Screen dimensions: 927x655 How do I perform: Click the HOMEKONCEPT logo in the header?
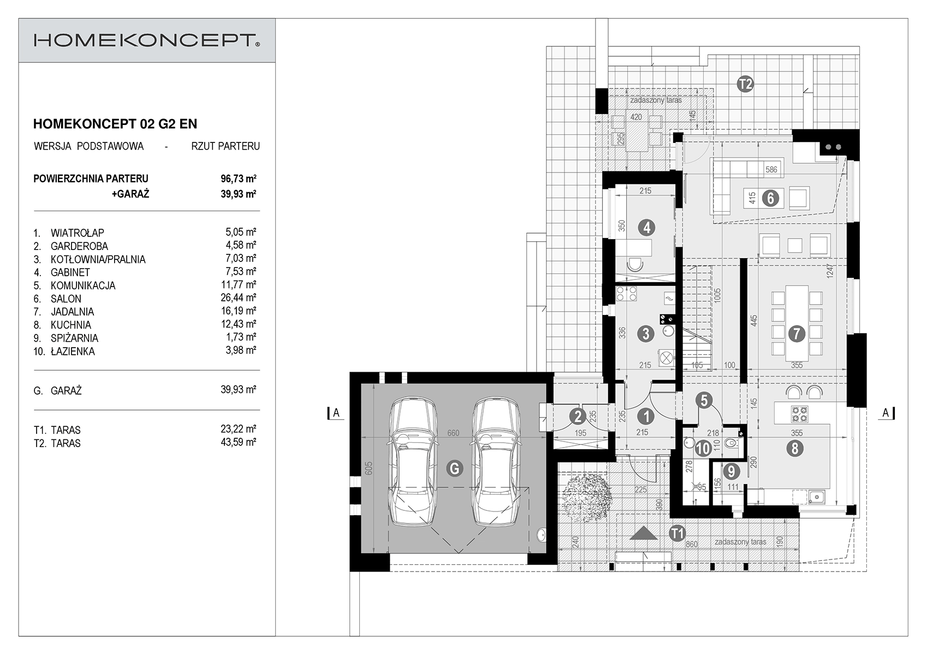click(x=147, y=40)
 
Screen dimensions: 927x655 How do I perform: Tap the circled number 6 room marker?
click(x=770, y=198)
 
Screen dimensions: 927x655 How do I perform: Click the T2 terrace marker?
click(x=745, y=85)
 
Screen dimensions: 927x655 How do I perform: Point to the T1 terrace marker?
click(x=678, y=533)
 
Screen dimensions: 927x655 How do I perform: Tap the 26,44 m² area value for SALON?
click(x=239, y=297)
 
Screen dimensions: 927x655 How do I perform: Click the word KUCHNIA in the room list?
click(x=71, y=325)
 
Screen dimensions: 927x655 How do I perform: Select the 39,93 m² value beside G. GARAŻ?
click(x=239, y=389)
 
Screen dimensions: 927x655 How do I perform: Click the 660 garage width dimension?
click(x=454, y=433)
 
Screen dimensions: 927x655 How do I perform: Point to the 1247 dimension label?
click(x=830, y=271)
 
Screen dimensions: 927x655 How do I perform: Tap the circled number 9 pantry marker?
click(x=732, y=471)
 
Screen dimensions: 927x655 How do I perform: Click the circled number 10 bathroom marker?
click(x=703, y=449)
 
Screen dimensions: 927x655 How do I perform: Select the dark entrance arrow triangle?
click(x=644, y=533)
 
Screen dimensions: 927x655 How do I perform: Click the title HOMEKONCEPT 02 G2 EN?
click(x=115, y=124)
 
